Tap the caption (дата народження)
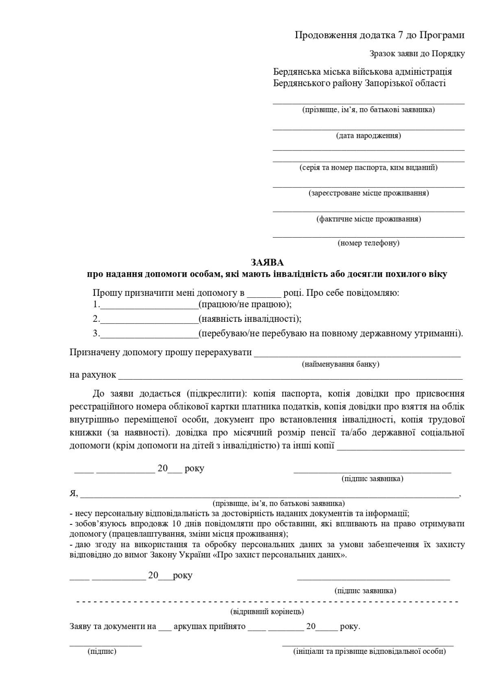click(x=368, y=135)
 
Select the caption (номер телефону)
click(x=368, y=243)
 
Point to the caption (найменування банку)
click(x=340, y=364)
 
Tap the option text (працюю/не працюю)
click(x=244, y=304)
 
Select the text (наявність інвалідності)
click(x=249, y=319)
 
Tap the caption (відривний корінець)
click(x=267, y=611)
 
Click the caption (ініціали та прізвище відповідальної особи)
click(x=369, y=651)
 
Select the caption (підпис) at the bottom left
click(x=102, y=651)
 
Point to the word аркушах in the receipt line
click(x=188, y=627)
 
